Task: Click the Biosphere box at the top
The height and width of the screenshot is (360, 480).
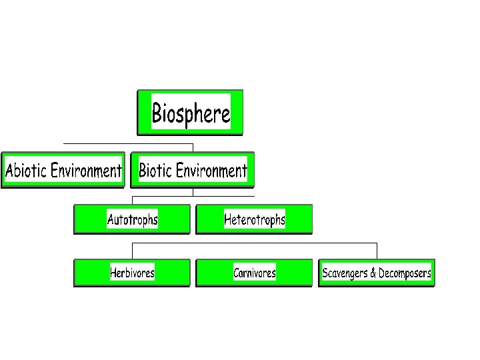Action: click(x=190, y=113)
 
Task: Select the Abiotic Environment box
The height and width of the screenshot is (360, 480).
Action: click(x=63, y=170)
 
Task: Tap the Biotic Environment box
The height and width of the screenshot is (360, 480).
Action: click(x=193, y=170)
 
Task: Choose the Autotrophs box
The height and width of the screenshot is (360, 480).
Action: click(x=132, y=219)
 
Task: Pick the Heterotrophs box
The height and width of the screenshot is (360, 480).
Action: click(x=254, y=219)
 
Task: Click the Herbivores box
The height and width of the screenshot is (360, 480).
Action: click(x=132, y=273)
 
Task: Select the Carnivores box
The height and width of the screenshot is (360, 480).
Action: click(x=254, y=273)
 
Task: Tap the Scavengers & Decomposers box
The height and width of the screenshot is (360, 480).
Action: click(x=377, y=273)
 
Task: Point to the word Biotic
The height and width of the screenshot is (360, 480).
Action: click(x=155, y=171)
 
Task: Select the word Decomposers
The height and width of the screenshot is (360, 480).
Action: click(x=405, y=273)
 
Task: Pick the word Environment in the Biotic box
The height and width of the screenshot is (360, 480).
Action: click(x=211, y=171)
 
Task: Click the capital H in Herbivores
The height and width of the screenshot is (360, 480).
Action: click(x=113, y=273)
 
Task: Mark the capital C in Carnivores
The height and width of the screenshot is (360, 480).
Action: click(x=237, y=273)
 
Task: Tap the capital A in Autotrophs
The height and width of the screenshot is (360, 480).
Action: click(x=111, y=219)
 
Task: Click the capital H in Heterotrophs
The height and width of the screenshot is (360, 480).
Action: click(x=228, y=219)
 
